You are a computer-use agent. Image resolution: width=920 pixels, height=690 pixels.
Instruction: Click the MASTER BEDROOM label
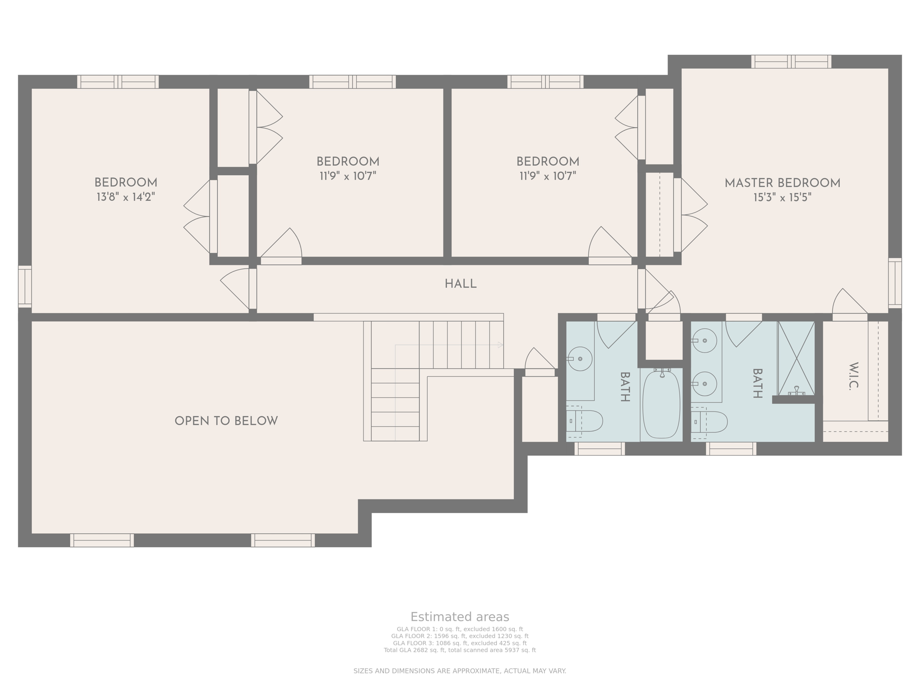(x=782, y=183)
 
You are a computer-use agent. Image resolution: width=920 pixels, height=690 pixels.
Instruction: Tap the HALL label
(x=460, y=284)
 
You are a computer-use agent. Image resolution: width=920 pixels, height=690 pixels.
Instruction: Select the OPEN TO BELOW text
(x=226, y=421)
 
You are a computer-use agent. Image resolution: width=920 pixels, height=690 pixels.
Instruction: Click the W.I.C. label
(x=854, y=376)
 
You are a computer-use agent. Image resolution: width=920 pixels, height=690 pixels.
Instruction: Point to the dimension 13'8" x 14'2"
(x=126, y=197)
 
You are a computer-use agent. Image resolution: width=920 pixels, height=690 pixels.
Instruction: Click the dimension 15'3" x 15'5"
(x=782, y=198)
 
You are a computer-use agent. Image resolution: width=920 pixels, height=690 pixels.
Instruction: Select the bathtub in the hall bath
(x=661, y=404)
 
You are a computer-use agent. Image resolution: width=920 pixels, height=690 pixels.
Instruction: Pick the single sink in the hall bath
(x=580, y=358)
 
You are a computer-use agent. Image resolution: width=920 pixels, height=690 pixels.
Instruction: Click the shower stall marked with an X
(x=796, y=358)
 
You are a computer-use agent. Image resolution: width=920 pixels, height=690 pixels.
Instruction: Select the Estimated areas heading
(x=460, y=617)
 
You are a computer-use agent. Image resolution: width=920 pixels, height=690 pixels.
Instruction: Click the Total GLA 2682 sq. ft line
(x=460, y=650)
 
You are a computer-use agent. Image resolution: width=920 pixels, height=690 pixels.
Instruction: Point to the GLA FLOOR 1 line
(x=460, y=629)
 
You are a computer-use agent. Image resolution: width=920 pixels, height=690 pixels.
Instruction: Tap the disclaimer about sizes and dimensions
(x=460, y=671)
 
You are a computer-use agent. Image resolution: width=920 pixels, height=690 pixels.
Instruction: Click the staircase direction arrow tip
(x=500, y=345)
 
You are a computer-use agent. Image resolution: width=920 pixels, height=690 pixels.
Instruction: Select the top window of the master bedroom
(x=791, y=62)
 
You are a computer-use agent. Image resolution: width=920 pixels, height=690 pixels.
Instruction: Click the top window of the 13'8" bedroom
(x=118, y=82)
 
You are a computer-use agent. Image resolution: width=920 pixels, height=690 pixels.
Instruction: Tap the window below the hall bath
(x=599, y=448)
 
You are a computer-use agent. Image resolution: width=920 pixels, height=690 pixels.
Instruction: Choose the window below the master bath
(x=731, y=448)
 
